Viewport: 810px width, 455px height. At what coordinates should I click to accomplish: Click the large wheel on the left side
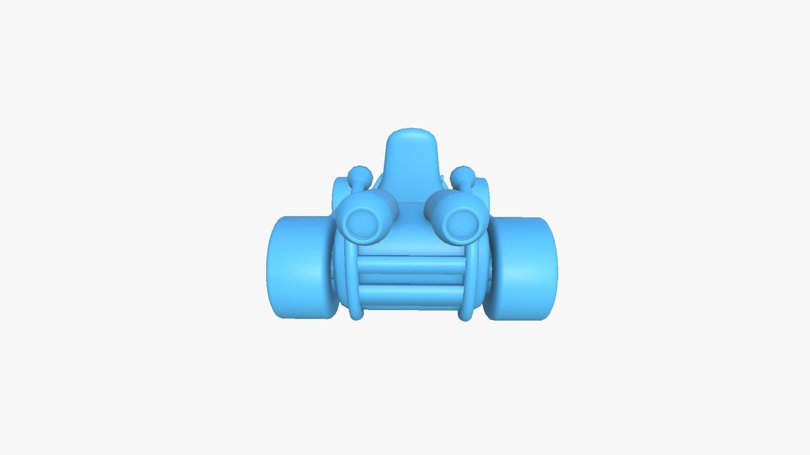297,268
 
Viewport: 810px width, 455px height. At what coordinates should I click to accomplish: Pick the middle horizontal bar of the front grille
411,279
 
